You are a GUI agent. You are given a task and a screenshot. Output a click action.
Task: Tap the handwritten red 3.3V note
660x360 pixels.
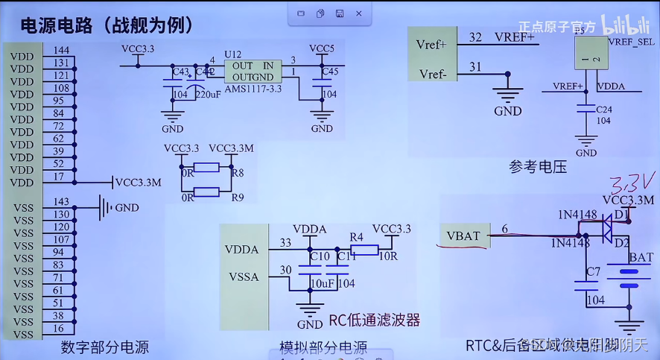632,182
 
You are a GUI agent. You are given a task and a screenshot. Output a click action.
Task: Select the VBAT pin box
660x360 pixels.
463,236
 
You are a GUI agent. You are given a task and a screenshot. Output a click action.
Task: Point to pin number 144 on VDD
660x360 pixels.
61,51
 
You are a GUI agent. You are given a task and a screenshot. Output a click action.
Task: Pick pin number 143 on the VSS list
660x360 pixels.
61,202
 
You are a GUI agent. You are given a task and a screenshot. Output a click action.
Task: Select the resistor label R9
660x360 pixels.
238,198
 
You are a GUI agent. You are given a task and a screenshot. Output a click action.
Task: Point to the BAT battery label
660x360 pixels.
641,258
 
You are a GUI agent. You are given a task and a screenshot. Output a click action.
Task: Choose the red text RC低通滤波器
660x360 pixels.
375,320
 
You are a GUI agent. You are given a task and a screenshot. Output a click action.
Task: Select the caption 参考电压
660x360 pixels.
538,167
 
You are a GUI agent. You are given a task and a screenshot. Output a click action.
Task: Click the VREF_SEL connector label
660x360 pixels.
631,42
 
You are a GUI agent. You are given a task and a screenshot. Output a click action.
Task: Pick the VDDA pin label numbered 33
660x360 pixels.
241,250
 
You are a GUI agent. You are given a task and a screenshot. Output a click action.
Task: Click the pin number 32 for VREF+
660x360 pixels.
475,37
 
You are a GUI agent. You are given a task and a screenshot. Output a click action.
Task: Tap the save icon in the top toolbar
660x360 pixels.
340,13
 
